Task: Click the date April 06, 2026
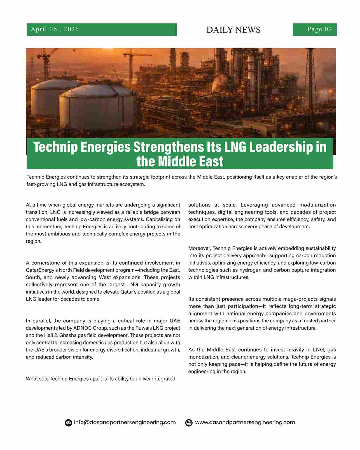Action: (x=55, y=29)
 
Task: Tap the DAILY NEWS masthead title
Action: (x=233, y=30)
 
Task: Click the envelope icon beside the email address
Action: (x=68, y=423)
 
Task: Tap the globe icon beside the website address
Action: (x=189, y=423)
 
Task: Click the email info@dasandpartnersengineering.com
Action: (x=125, y=423)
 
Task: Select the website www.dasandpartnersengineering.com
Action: (x=245, y=423)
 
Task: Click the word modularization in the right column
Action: (x=317, y=205)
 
